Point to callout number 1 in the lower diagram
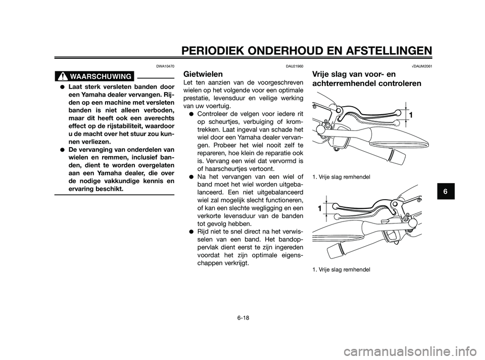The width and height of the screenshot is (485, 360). coord(319,208)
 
